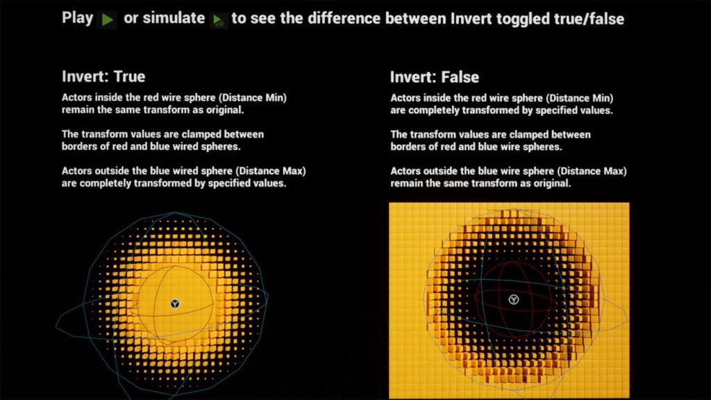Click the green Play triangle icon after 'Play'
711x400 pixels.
(107, 20)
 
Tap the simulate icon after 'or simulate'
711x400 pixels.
(218, 20)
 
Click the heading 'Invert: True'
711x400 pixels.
(103, 76)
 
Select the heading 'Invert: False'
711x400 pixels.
(435, 77)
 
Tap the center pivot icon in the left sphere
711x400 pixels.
(174, 304)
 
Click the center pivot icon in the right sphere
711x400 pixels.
(513, 299)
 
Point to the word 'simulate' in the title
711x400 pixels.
(174, 19)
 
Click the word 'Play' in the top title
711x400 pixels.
(78, 19)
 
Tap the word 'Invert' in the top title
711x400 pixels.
(471, 19)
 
